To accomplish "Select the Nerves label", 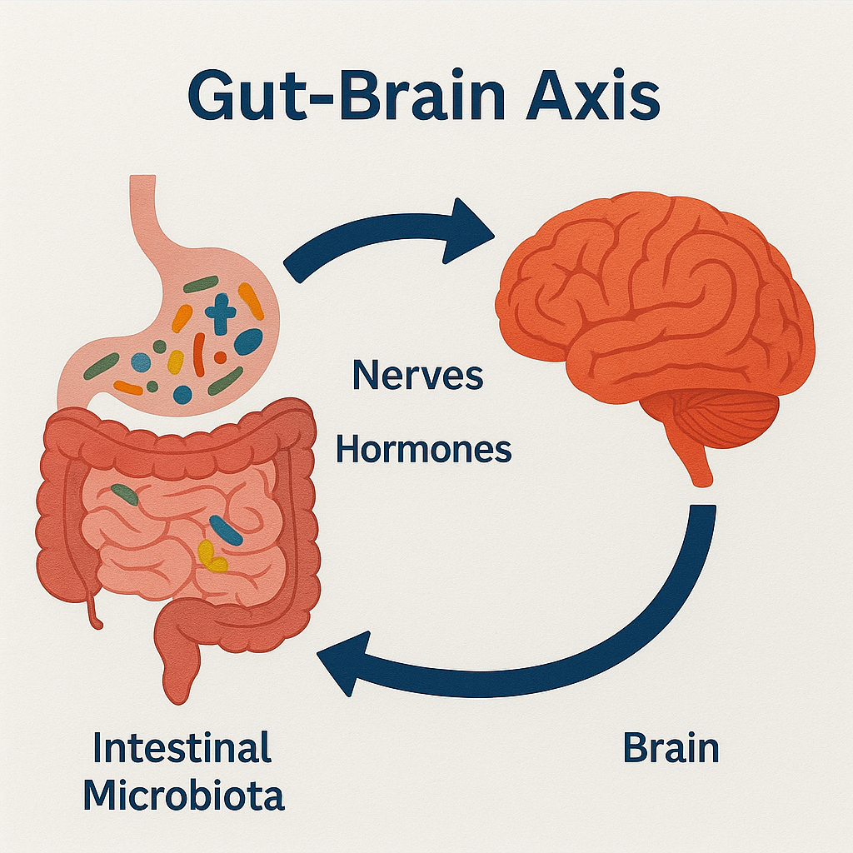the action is pos(417,376).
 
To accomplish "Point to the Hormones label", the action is pos(423,450).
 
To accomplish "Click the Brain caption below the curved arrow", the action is pos(671,749).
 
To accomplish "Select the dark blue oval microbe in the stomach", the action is pos(247,342).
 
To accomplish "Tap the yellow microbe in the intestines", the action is pos(212,556).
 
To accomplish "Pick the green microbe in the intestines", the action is pos(125,494).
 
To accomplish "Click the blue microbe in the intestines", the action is pos(225,530).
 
